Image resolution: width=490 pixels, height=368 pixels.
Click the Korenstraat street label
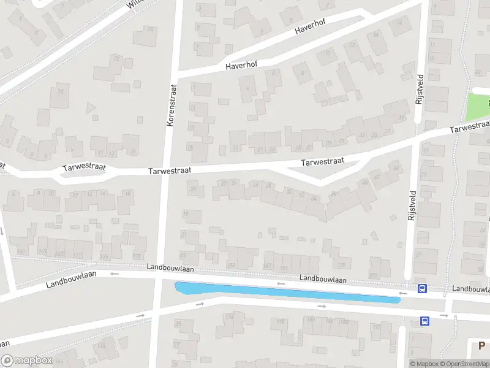pos(171,105)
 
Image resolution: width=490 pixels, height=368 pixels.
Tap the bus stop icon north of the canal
pos(422,288)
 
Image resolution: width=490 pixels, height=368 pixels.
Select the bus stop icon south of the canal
pos(424,320)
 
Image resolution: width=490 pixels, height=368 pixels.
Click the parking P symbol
pos(482,346)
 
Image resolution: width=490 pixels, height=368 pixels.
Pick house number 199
pos(341,265)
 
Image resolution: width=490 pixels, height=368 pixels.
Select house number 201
pos(374,275)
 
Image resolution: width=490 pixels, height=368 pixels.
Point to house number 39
pos(401,118)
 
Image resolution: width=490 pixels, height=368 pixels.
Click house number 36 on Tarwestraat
pos(334,194)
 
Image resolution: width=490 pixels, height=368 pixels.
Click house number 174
pos(229,317)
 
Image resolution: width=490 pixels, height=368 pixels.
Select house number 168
pos(101,346)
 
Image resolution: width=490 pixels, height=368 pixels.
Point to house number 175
pos(104,256)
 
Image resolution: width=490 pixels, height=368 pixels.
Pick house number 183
pos(231,264)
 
